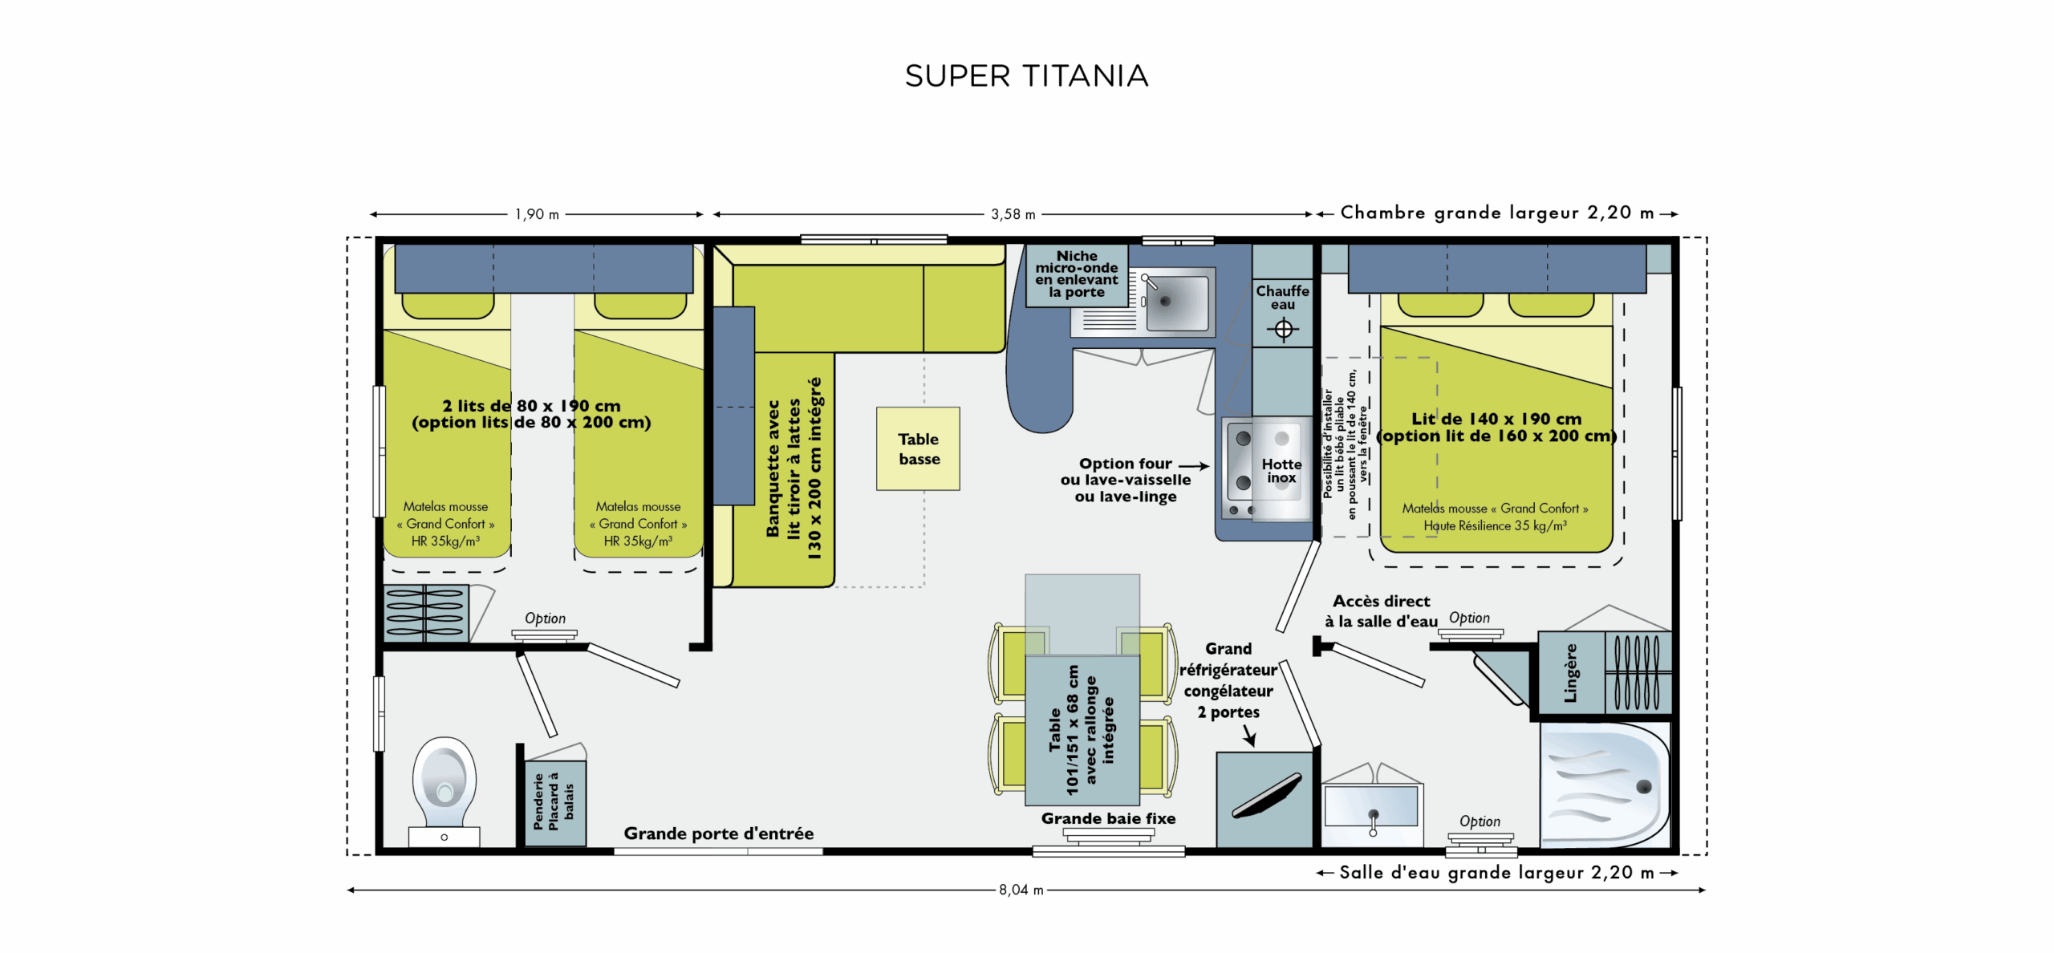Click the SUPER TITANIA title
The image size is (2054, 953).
(x=1026, y=76)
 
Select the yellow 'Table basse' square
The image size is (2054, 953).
(x=918, y=448)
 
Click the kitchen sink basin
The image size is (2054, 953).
(x=1176, y=302)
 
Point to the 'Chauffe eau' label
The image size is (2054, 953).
(x=1282, y=298)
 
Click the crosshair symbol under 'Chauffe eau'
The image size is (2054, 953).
(x=1283, y=329)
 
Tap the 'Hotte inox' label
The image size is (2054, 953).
(x=1281, y=471)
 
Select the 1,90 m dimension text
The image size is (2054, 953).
(x=537, y=214)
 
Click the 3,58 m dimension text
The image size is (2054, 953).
(x=1013, y=214)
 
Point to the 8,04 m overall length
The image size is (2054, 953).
(x=1021, y=890)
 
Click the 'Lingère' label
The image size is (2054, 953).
(x=1570, y=673)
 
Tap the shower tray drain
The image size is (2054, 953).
(x=1643, y=786)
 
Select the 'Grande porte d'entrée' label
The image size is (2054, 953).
(x=718, y=833)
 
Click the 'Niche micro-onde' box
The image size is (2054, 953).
(x=1077, y=275)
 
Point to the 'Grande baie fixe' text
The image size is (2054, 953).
(x=1108, y=818)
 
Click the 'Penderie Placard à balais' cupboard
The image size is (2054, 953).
(x=554, y=802)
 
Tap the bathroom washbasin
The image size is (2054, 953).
(x=1371, y=807)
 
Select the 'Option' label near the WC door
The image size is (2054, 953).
(x=545, y=618)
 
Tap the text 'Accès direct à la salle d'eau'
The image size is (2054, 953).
(x=1381, y=611)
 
